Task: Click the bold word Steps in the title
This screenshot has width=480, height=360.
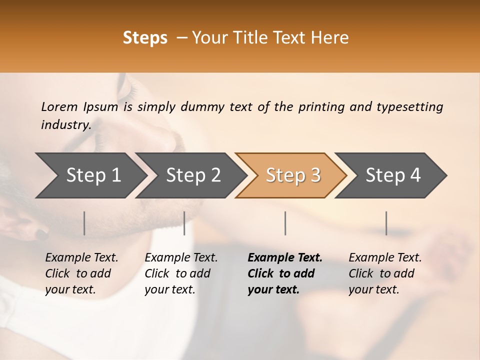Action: point(145,38)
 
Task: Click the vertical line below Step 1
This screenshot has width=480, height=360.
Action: point(84,223)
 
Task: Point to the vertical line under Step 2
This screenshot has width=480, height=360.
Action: point(184,223)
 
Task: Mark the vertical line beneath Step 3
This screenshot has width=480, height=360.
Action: point(285,223)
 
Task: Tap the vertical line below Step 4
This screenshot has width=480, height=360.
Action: point(386,223)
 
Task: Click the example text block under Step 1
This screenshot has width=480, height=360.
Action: point(81,273)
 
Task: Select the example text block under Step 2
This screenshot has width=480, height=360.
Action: point(181,273)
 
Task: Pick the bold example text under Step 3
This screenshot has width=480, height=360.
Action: point(284,273)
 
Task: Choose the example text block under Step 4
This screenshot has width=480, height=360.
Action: point(385,273)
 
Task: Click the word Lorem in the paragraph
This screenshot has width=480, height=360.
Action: point(59,107)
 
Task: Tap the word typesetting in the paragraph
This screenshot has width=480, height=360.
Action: point(409,107)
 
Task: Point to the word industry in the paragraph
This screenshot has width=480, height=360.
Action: point(66,125)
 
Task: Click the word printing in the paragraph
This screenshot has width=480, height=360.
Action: point(321,107)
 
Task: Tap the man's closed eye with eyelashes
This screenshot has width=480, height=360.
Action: point(129,91)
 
